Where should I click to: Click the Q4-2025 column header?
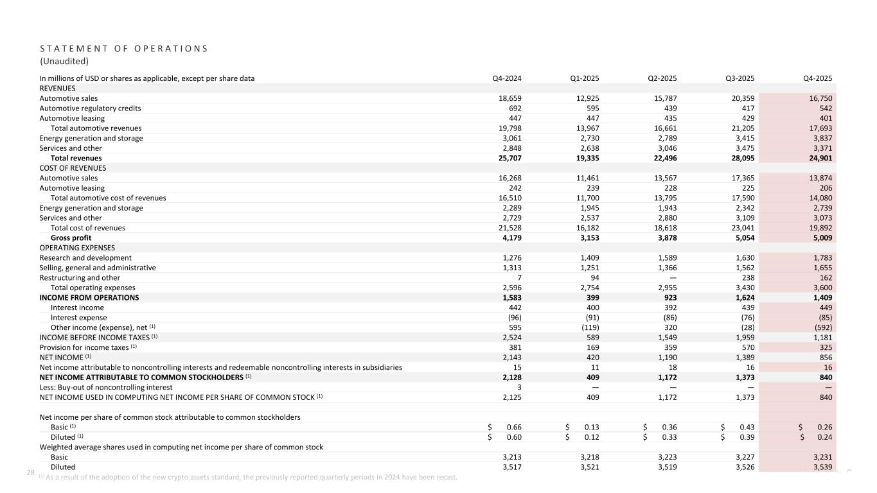pyautogui.click(x=819, y=78)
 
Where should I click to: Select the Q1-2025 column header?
pyautogui.click(x=585, y=78)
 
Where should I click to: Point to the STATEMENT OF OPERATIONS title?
pyautogui.click(x=123, y=49)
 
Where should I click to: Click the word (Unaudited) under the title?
pyautogui.click(x=64, y=62)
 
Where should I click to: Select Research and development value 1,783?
pyautogui.click(x=822, y=257)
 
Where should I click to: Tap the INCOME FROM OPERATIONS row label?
pyautogui.click(x=89, y=297)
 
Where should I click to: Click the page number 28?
pyautogui.click(x=30, y=472)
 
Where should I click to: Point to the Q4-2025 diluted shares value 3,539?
pyautogui.click(x=822, y=467)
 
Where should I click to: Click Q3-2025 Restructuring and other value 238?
pyautogui.click(x=748, y=277)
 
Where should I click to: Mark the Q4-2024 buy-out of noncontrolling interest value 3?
pyautogui.click(x=519, y=387)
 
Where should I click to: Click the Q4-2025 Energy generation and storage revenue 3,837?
pyautogui.click(x=822, y=138)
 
